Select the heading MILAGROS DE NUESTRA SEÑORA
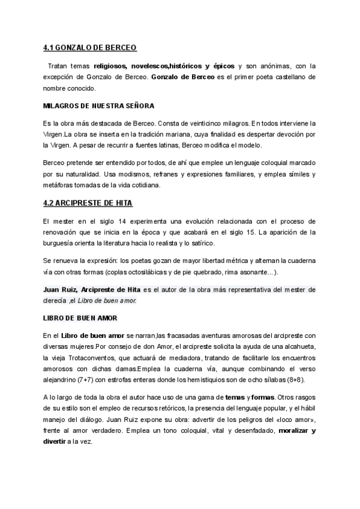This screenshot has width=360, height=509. pos(99,106)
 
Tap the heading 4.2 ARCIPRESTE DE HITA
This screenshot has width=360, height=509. pos(88,202)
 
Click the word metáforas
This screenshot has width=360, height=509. pos(59,185)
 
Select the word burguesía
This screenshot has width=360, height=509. pos(62,242)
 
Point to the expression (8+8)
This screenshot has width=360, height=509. pos(298,380)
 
